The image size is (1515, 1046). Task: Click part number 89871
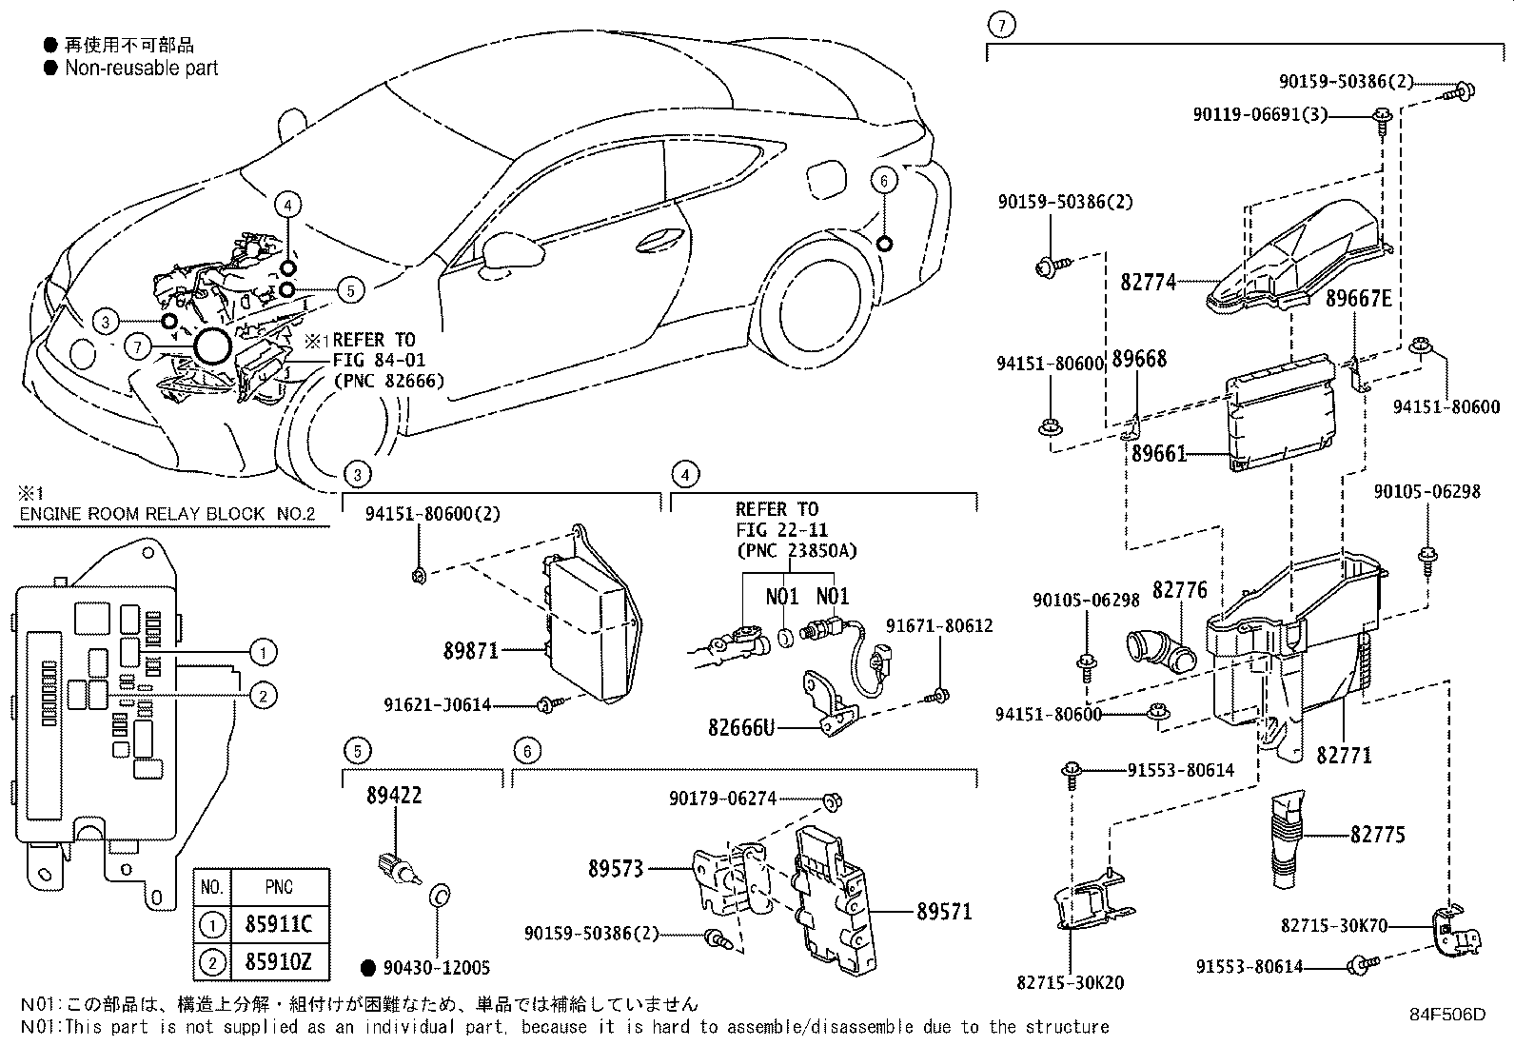[x=470, y=652]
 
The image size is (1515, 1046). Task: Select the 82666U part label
[x=741, y=728]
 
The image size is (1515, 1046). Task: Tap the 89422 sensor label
[x=393, y=796]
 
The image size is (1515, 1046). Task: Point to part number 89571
[x=944, y=912]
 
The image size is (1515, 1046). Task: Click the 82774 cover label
[x=1148, y=282]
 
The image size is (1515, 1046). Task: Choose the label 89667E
[x=1358, y=300]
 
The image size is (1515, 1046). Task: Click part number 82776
[x=1179, y=591]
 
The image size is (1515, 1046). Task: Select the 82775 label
[x=1377, y=835]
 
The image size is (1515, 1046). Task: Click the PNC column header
[x=278, y=887]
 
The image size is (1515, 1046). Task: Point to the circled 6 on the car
[x=883, y=181]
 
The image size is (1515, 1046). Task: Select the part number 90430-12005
[x=437, y=968]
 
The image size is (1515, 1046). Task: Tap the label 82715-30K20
[x=1070, y=982]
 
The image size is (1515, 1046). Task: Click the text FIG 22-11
[x=781, y=530]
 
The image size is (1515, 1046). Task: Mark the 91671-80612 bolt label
[x=938, y=625]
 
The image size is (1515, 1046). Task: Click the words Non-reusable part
[x=141, y=69]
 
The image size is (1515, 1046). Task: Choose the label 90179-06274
[x=722, y=799]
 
